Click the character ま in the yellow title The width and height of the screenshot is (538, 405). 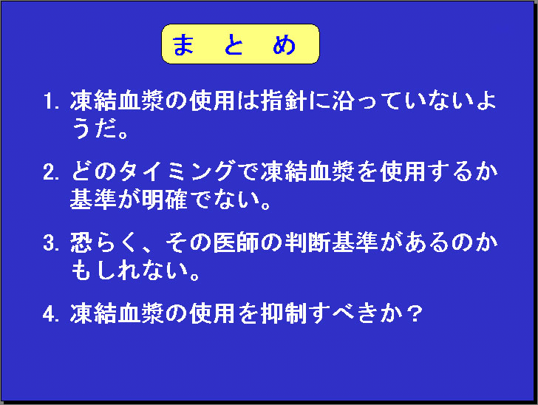coord(183,44)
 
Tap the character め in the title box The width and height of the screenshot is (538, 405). coord(284,44)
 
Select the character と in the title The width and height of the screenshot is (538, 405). coord(234,44)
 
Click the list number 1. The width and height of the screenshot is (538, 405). coord(52,101)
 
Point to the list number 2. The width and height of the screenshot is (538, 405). coord(52,172)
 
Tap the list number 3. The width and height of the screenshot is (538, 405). coord(52,243)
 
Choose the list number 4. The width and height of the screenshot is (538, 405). coord(52,313)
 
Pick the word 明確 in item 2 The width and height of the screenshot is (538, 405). coord(164,200)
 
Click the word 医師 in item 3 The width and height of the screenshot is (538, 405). coord(236,242)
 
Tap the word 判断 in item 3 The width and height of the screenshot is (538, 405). coord(307,242)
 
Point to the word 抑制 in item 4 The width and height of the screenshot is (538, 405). coord(284,313)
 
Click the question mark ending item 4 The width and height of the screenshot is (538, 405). coord(415,313)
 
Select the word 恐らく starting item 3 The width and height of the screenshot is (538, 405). coord(104,242)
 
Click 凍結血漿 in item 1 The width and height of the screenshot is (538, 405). coord(117,101)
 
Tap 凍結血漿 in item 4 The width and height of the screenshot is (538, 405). coord(117,313)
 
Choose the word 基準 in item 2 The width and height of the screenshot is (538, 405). coord(93,200)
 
